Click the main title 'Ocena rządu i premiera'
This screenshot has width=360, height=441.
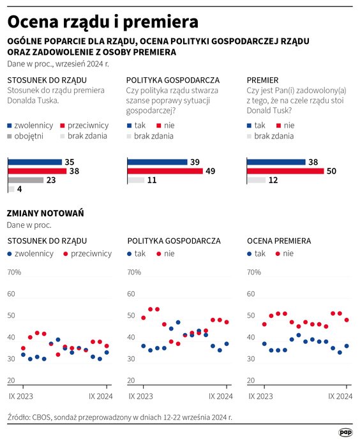(102, 21)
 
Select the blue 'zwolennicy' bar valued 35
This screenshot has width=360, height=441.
(34, 162)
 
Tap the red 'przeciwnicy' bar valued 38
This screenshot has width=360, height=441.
(36, 171)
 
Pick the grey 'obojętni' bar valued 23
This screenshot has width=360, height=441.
(26, 180)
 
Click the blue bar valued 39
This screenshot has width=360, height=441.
(157, 162)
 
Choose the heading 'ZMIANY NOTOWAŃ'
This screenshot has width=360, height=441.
(45, 213)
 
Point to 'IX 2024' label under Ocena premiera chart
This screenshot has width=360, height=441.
(340, 396)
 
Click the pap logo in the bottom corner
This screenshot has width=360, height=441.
(345, 431)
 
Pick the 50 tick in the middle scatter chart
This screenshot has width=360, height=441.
(131, 316)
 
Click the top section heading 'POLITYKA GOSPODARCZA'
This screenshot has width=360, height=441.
(172, 80)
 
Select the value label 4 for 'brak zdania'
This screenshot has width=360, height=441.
(20, 190)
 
